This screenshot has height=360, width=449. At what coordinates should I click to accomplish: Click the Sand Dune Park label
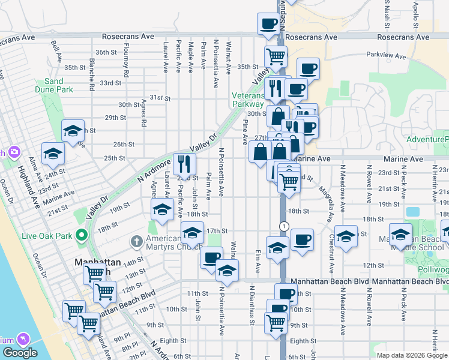[58, 85]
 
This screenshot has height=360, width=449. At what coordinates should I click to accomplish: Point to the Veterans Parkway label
[249, 100]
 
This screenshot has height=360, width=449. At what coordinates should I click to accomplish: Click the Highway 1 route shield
[283, 226]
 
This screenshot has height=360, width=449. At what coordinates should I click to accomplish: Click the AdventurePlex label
[427, 140]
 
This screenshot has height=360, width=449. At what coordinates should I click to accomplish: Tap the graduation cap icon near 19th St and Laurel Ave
[162, 209]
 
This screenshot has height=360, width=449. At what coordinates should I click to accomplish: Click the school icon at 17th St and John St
[192, 232]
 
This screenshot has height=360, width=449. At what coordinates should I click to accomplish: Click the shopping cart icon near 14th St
[94, 274]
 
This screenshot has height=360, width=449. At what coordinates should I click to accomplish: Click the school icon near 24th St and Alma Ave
[53, 154]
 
